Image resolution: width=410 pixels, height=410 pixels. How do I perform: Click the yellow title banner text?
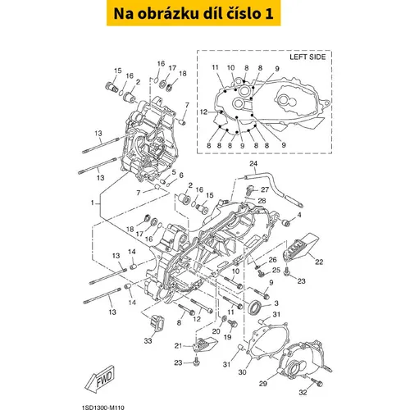[x=194, y=13]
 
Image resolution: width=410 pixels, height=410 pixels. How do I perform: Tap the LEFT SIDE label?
[x=307, y=57]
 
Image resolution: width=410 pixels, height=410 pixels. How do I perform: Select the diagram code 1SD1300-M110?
[x=102, y=408]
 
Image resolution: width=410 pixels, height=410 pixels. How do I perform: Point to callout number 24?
[x=253, y=163]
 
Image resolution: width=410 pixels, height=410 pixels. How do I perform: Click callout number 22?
[x=319, y=262]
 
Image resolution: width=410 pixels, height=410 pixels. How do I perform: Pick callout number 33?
[x=148, y=341]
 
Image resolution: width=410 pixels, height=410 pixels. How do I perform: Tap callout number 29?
[x=263, y=384]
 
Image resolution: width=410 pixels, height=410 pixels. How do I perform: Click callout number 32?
[x=303, y=393]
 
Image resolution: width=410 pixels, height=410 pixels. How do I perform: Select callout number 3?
[x=276, y=303]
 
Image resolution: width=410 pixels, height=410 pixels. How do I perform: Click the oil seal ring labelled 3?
[x=255, y=307]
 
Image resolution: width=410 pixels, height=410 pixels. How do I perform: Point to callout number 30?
[x=243, y=372]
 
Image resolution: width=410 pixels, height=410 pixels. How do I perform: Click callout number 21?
[x=178, y=346]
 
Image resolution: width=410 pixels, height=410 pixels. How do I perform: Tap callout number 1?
[x=93, y=203]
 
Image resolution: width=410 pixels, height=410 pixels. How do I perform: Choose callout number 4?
[x=299, y=215]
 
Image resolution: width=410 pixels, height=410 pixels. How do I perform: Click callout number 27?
[x=265, y=189]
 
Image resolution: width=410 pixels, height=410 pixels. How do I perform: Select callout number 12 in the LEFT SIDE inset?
[x=203, y=112]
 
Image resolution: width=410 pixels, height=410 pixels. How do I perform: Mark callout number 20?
[x=216, y=331]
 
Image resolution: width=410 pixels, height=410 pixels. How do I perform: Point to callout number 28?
[x=262, y=201]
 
